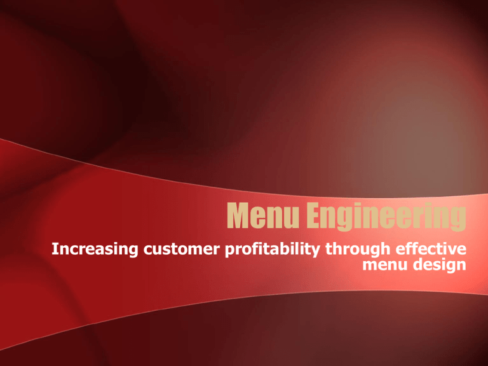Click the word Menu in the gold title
coord(263,215)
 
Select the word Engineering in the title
coord(386,217)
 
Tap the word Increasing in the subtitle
coord(95,249)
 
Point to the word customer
coord(182,249)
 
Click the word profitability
coord(273,249)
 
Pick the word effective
coord(431,248)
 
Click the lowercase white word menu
coord(385,266)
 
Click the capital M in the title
coord(238,215)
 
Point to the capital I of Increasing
coord(55,249)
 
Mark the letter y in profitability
coord(315,252)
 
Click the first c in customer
coord(148,250)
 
